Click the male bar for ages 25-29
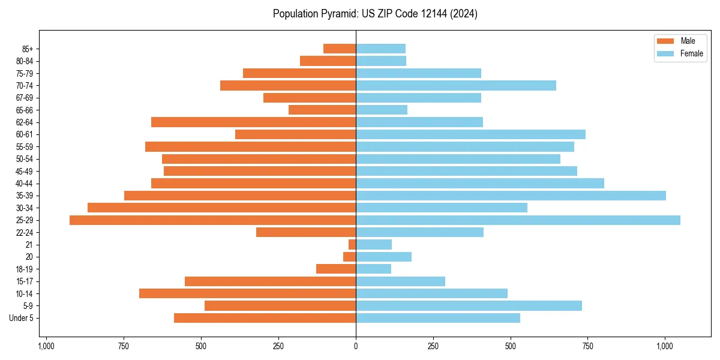212,220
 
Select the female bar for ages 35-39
511,196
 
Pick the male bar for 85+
340,49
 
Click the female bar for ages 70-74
456,85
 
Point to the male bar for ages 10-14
247,293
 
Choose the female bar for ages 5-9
469,306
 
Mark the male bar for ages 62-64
253,122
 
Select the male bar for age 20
350,257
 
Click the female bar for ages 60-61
470,134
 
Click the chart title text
375,14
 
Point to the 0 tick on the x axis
356,346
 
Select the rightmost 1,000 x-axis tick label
665,346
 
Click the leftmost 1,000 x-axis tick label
46,346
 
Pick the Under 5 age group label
22,318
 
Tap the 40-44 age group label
25,184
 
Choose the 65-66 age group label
25,110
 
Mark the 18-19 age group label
25,269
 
